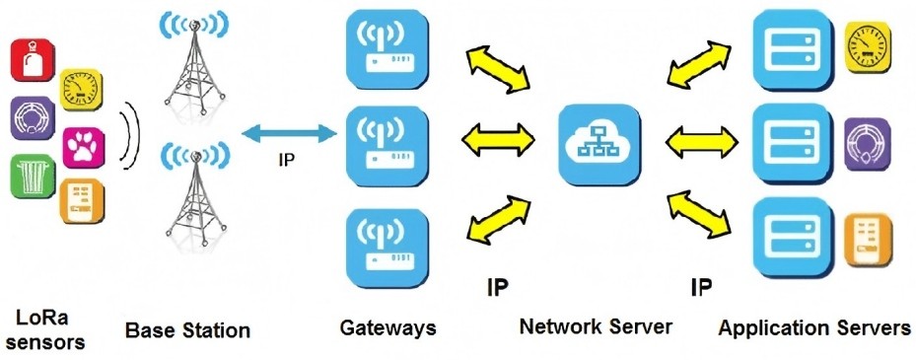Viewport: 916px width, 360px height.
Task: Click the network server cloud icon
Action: (x=598, y=143)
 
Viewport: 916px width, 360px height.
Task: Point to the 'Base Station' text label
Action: (x=187, y=330)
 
